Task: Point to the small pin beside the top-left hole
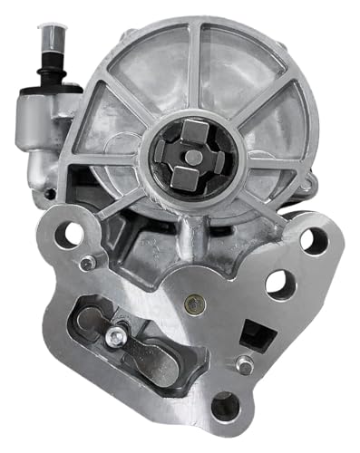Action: (x=86, y=264)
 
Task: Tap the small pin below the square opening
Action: (x=243, y=366)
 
